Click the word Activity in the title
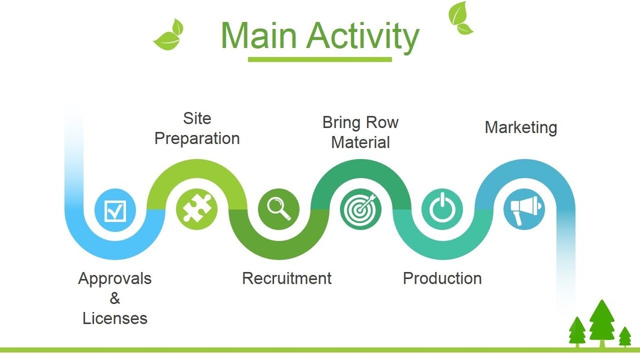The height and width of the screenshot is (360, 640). pos(363,36)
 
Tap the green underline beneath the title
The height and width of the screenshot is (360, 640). pos(319,59)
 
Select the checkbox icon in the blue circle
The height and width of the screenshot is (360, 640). pos(115,211)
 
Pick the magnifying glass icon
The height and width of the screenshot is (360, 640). pos(278,209)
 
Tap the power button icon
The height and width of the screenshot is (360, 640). pos(442,209)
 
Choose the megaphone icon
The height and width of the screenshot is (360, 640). pos(524,209)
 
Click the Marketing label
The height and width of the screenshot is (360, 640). pos(521,128)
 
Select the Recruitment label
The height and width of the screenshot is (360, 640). pos(286,278)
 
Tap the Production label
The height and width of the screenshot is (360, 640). pos(442,278)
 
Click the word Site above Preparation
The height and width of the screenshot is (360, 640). pos(197,118)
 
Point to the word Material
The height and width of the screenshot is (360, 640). pos(361,142)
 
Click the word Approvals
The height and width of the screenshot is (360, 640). pos(115,278)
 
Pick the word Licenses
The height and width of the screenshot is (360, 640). pos(115,318)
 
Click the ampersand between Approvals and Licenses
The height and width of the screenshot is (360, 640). pos(115,298)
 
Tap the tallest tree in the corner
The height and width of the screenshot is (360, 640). pos(601,322)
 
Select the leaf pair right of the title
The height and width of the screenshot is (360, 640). pos(460,18)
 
